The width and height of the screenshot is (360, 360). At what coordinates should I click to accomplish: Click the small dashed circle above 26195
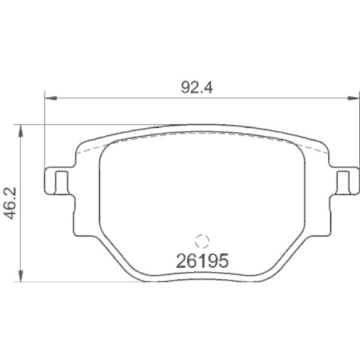202,243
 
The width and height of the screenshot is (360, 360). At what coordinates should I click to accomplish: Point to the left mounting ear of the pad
58,181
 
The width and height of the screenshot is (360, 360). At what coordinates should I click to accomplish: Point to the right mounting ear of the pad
343,181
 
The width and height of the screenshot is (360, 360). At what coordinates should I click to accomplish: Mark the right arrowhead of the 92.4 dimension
350,99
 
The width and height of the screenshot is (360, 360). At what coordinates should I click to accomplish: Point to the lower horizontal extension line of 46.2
72,282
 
